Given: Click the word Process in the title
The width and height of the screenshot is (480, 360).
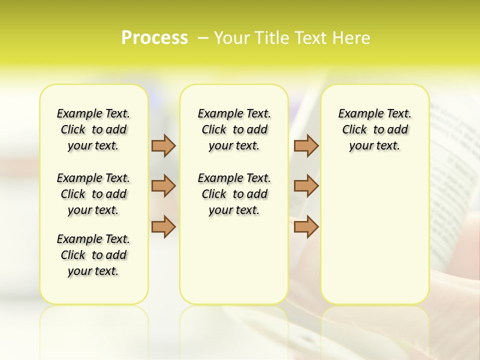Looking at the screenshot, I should pyautogui.click(x=154, y=38).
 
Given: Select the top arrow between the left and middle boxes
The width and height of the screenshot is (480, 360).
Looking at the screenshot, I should pyautogui.click(x=163, y=145).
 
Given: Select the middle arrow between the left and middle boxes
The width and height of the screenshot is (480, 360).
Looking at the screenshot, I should pyautogui.click(x=163, y=186).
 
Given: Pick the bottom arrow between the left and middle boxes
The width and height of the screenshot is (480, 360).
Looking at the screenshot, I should pyautogui.click(x=163, y=226).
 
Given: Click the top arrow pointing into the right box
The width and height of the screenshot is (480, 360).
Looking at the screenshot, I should pyautogui.click(x=306, y=145).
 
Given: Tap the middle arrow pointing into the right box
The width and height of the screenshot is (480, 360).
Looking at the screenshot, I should pyautogui.click(x=306, y=186).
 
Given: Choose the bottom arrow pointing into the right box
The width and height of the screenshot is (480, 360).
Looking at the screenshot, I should pyautogui.click(x=306, y=226).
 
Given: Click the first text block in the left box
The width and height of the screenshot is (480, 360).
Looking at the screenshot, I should pyautogui.click(x=93, y=129).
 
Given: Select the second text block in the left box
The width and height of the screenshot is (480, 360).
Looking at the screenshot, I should pyautogui.click(x=93, y=194).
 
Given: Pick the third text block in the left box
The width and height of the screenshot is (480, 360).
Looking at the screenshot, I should pyautogui.click(x=93, y=255).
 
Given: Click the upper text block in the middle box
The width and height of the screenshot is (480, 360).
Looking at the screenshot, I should pyautogui.click(x=234, y=129).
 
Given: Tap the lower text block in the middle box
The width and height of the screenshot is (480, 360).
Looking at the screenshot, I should pyautogui.click(x=234, y=194).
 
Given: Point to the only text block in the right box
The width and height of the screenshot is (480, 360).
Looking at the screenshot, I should pyautogui.click(x=374, y=129).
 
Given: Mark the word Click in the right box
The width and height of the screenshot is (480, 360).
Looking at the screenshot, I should pyautogui.click(x=354, y=130).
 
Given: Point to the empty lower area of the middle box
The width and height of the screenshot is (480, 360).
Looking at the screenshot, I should pyautogui.click(x=234, y=260).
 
